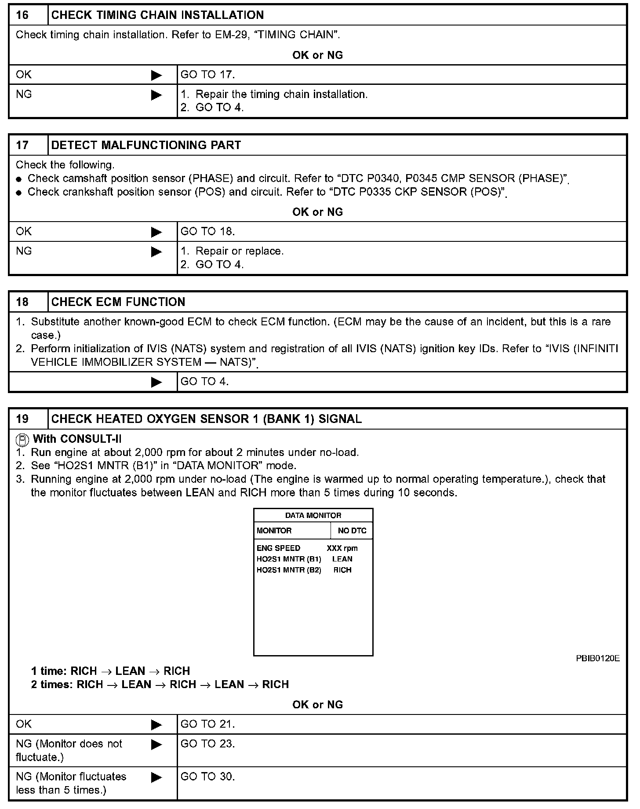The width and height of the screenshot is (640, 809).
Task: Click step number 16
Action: click(22, 15)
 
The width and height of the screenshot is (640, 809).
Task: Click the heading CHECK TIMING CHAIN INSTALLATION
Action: click(157, 15)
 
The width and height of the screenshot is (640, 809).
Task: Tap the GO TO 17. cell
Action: click(208, 75)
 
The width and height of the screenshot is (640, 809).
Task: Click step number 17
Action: click(22, 146)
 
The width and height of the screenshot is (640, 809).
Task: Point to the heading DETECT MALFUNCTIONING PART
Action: click(146, 146)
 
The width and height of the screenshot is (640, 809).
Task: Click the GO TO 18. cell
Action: click(208, 232)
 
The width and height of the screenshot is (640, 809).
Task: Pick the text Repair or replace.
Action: click(240, 251)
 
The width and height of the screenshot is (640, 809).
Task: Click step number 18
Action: click(22, 302)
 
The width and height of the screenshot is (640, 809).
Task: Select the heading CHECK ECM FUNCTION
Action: click(118, 302)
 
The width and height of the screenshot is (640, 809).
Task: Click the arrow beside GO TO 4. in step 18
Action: click(156, 382)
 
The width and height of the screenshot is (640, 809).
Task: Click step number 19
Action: click(22, 419)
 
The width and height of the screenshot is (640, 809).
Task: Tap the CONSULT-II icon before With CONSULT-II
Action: click(22, 439)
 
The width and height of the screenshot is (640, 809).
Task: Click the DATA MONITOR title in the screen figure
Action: click(313, 515)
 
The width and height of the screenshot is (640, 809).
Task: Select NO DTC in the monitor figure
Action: click(352, 531)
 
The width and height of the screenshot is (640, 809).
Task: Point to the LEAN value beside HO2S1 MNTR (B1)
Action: click(342, 559)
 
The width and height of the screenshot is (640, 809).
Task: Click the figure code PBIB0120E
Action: click(598, 658)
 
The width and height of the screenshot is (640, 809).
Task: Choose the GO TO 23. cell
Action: click(208, 744)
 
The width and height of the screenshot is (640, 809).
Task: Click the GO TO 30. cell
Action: click(208, 777)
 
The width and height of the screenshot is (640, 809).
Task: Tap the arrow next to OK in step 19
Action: click(156, 725)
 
